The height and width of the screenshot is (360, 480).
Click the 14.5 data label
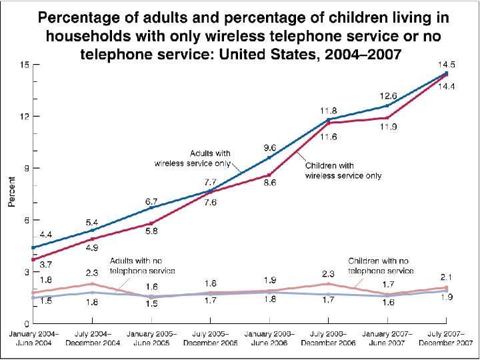point(447,65)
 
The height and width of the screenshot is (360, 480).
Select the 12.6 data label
point(388,95)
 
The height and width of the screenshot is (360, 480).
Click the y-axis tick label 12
point(24,117)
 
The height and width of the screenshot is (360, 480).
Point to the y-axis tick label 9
point(26,169)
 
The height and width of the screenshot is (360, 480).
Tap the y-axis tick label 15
point(24,65)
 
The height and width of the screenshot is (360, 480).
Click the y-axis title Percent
point(12,191)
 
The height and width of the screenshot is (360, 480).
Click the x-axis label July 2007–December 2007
point(447,338)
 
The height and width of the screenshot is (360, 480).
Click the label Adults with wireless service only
point(193,158)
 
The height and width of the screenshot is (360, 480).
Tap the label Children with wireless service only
point(343,171)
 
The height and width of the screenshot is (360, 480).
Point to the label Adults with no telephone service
point(141,266)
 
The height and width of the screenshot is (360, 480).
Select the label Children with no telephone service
point(381,266)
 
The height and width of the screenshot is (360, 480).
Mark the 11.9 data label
point(388,127)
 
